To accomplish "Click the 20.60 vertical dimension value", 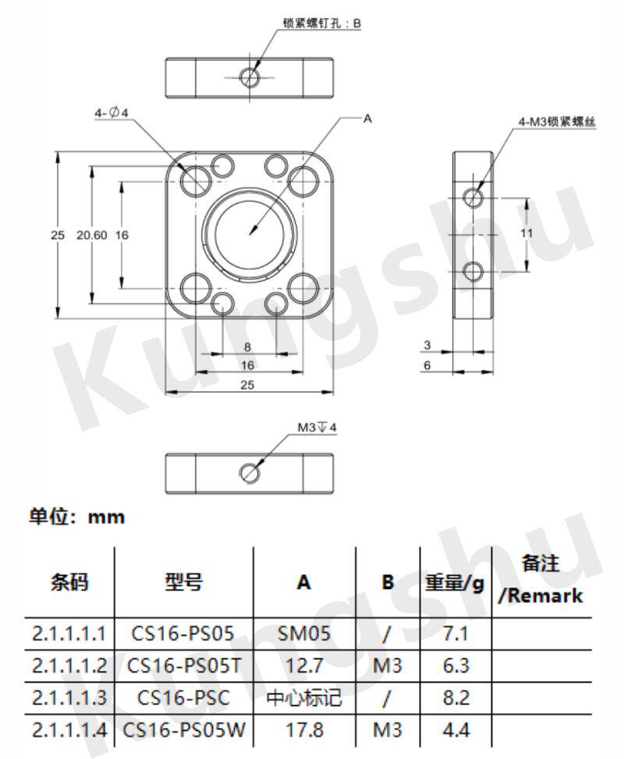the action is (x=91, y=236).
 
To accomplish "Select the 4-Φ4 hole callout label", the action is (x=112, y=113).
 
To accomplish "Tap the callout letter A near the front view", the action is (x=367, y=118).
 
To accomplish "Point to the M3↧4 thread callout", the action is (x=317, y=427).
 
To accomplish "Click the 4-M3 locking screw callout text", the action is (x=557, y=122).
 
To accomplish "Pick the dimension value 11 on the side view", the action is (x=526, y=233).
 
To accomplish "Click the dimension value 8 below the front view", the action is (x=247, y=347).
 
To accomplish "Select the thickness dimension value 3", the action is (x=427, y=345).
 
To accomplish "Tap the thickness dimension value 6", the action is (x=427, y=365).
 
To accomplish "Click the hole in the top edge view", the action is (x=250, y=77).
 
